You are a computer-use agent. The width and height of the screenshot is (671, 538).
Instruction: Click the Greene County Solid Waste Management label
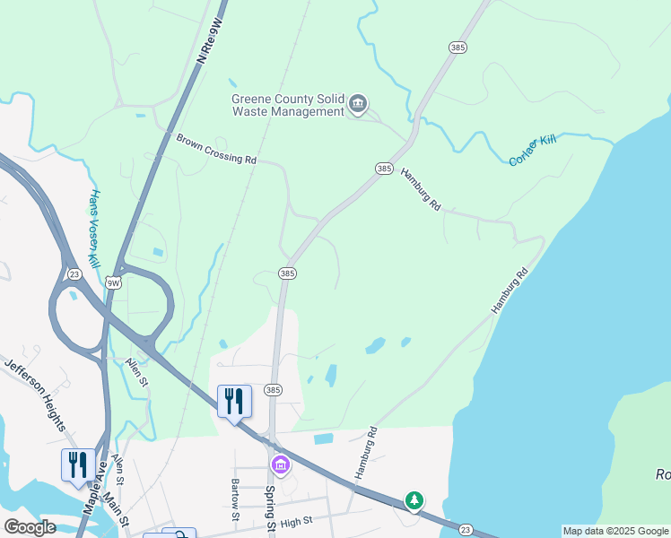coord(288,105)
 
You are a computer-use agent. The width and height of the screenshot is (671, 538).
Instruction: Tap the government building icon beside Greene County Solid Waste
coord(358,105)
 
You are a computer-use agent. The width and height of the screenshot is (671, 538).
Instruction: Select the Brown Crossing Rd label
coord(216,149)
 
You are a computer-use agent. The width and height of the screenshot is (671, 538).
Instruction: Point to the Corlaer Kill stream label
coord(533,151)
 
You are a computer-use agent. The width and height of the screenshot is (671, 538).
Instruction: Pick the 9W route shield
coord(113,282)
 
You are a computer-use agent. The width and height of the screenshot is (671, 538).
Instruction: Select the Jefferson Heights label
coord(35,394)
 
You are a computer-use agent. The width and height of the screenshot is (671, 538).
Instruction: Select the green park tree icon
coord(414,499)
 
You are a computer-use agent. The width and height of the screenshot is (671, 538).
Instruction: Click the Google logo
coord(30,527)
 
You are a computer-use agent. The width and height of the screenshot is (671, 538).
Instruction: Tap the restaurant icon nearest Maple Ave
coord(77,464)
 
